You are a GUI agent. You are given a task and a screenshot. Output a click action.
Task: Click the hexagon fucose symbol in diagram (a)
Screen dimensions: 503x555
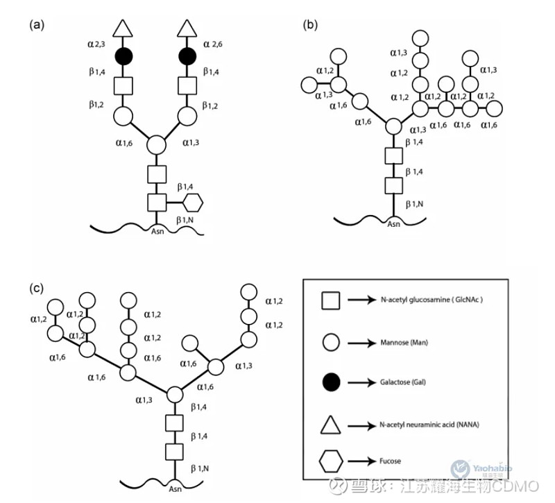tap(195, 203)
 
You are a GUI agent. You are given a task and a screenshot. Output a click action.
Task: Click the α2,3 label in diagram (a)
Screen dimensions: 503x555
tap(98, 44)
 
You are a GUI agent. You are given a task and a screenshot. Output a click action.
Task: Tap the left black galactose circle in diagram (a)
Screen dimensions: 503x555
tap(123, 56)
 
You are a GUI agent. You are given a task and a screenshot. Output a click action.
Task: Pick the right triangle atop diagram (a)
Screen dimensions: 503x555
tap(187, 28)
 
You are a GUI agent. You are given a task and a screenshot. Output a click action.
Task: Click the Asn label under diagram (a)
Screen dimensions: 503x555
tap(157, 232)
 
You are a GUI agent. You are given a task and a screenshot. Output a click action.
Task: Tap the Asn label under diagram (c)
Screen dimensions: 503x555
tap(173, 488)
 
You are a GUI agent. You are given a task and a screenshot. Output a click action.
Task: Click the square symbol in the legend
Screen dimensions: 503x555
tap(330, 301)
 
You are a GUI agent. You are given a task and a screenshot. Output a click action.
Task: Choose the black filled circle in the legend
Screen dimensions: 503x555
tap(331, 381)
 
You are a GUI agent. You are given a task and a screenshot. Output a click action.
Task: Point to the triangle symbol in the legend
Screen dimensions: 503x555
tap(331, 422)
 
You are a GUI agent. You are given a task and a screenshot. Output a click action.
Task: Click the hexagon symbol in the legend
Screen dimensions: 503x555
tap(331, 461)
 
